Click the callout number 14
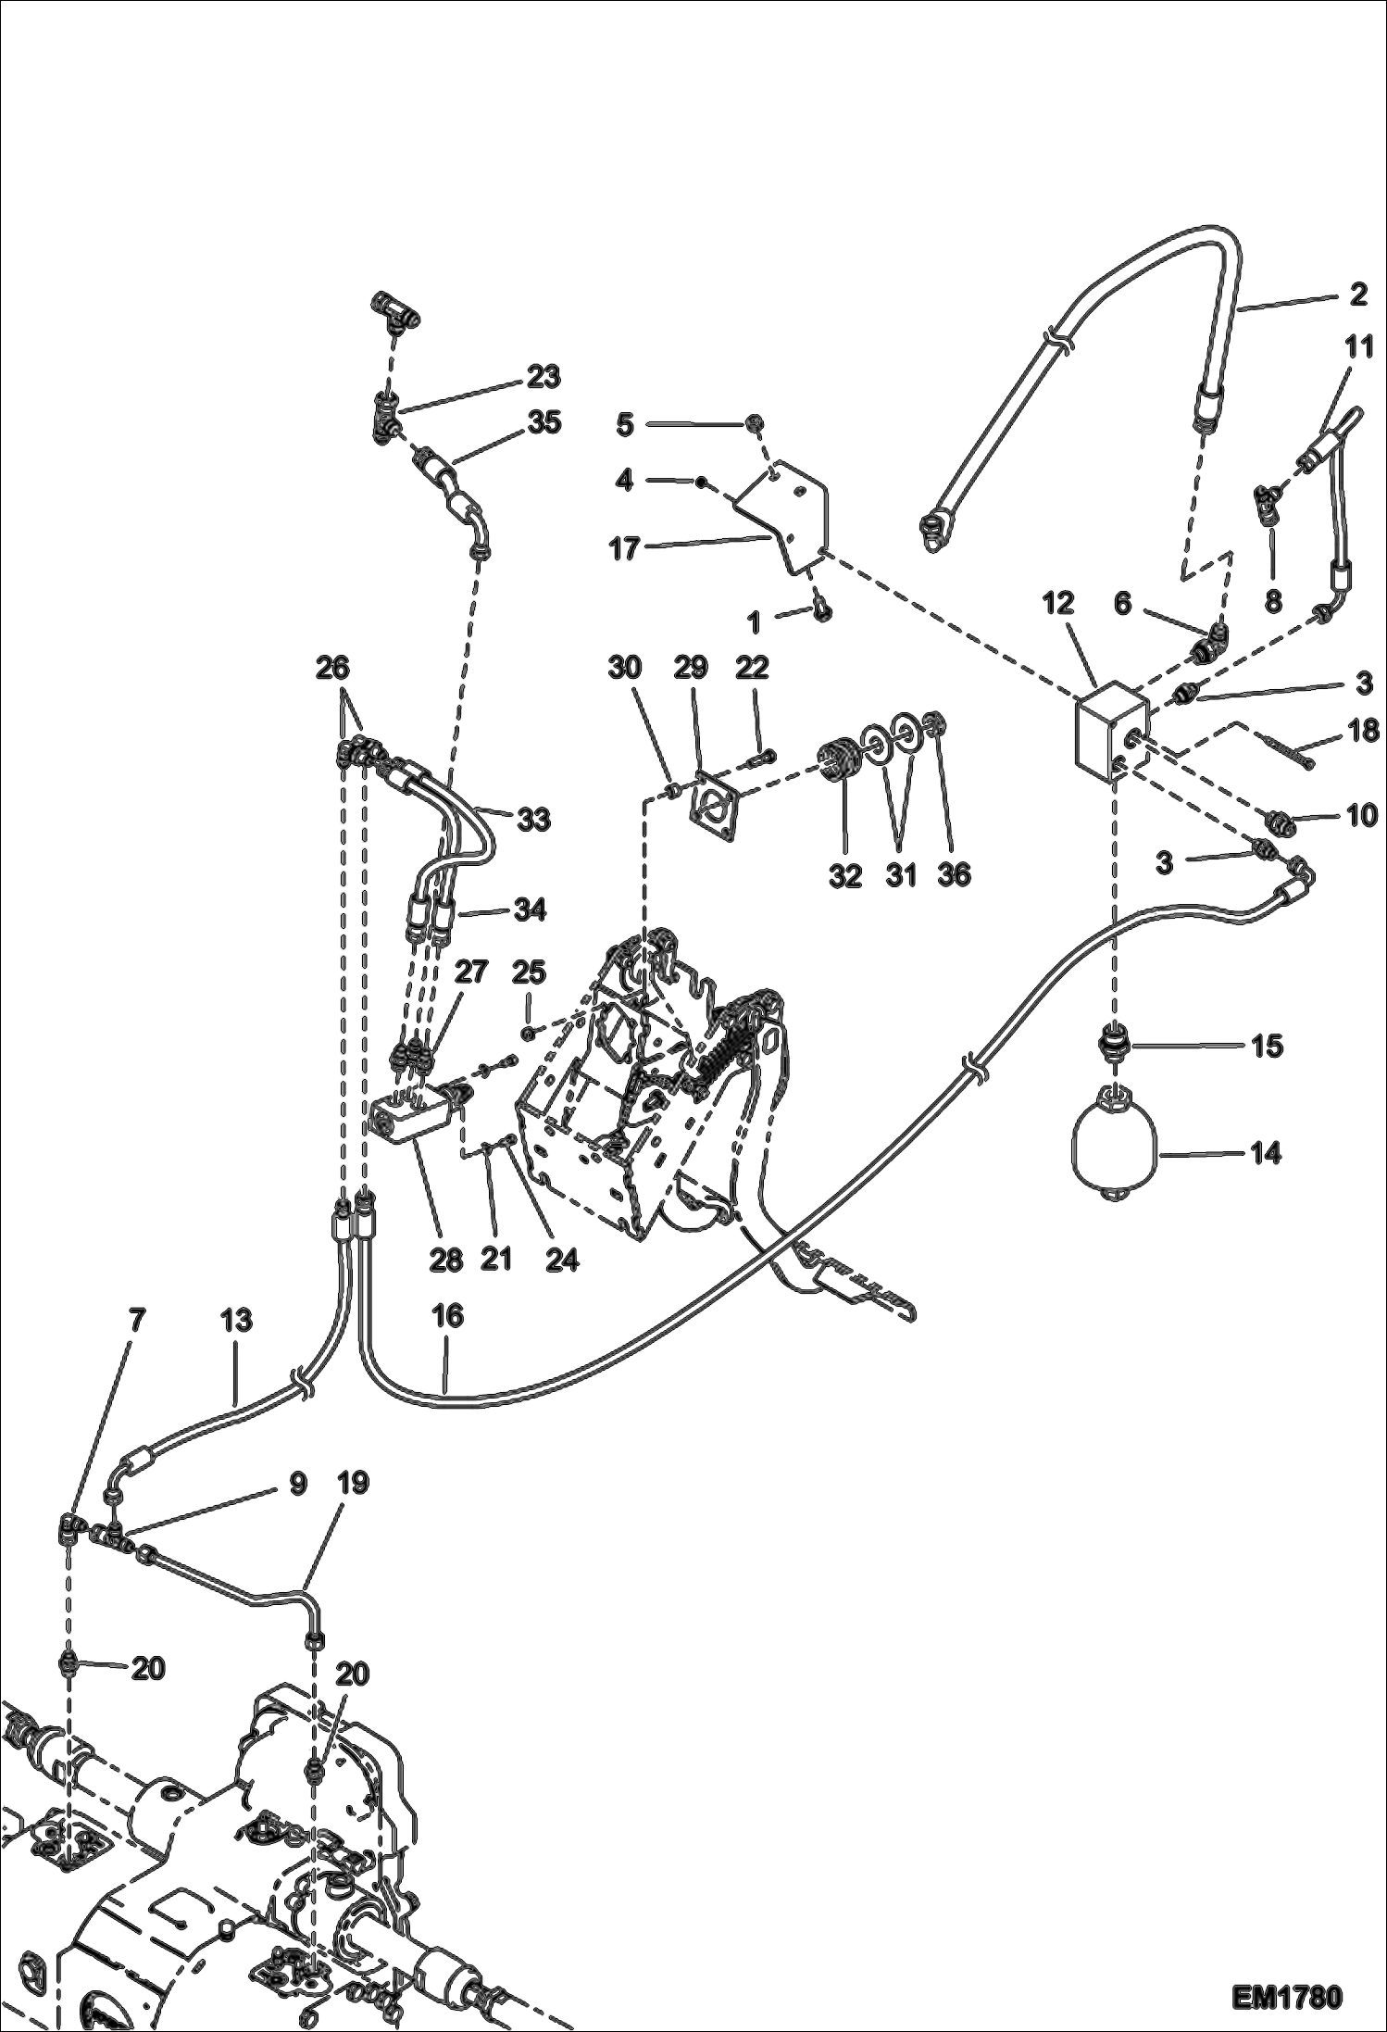pyautogui.click(x=1266, y=1153)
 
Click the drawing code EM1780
pyautogui.click(x=1287, y=1994)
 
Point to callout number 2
pyautogui.click(x=1357, y=295)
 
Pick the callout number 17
pyautogui.click(x=625, y=549)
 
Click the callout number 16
pyautogui.click(x=448, y=1316)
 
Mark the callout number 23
pyautogui.click(x=544, y=377)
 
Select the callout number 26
pyautogui.click(x=332, y=667)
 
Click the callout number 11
pyautogui.click(x=1358, y=347)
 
